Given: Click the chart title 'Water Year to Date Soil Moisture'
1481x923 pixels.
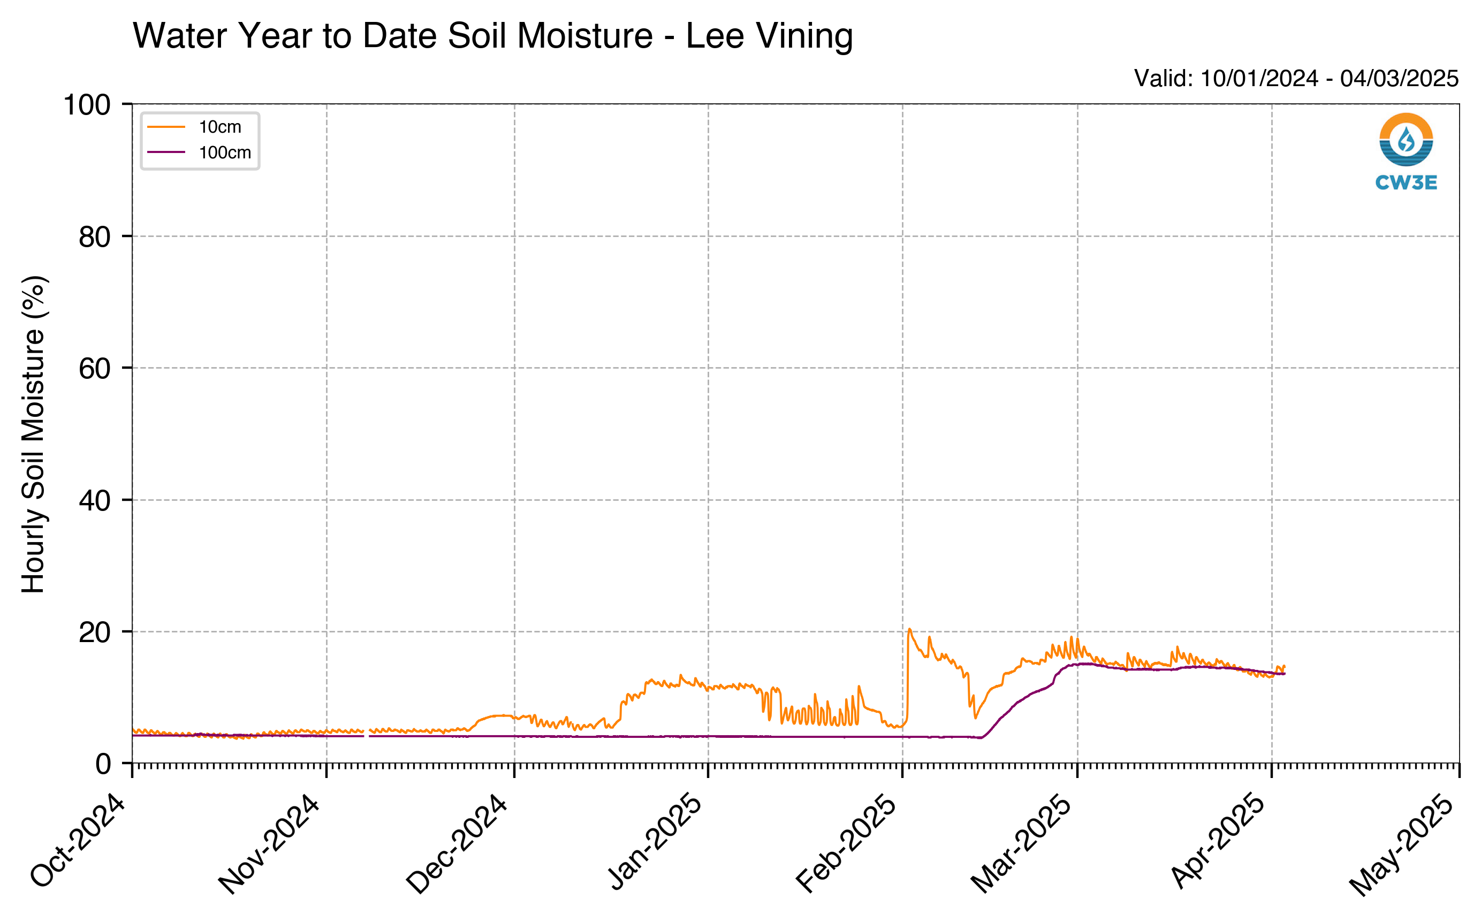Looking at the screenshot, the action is tap(393, 36).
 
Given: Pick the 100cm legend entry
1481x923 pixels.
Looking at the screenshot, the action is tap(199, 152).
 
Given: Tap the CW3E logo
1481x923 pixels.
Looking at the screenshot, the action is tap(1406, 152).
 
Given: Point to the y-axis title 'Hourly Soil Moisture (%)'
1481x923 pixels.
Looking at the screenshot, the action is tap(34, 434).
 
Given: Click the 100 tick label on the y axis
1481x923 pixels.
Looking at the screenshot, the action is tap(87, 105).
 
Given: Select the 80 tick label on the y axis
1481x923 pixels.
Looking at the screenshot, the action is tap(95, 237).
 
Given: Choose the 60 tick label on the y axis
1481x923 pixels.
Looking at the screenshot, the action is tap(95, 369).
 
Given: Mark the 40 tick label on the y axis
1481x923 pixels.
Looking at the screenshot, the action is tap(95, 501).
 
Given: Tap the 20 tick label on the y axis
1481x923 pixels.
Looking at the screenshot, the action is tap(95, 632).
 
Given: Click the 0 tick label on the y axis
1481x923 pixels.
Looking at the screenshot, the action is tap(103, 764).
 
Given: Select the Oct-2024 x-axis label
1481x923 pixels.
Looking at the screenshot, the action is tap(78, 841).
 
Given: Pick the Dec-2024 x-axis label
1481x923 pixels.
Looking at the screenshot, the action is tap(457, 844).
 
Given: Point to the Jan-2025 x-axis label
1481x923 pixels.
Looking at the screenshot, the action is tap(655, 841).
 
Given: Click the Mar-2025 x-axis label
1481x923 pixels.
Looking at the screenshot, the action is tap(1021, 843).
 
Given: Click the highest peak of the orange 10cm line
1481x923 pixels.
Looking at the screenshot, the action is tap(909, 629).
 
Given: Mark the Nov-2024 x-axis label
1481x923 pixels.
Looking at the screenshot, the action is tap(269, 844).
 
